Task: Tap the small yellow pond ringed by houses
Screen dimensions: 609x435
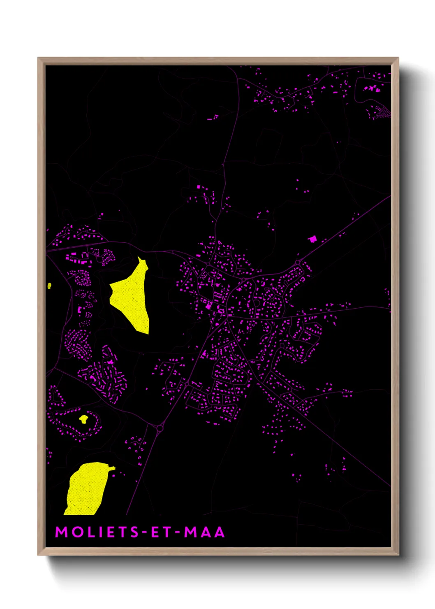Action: pyautogui.click(x=84, y=419)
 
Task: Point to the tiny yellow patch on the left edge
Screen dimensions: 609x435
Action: pyautogui.click(x=49, y=286)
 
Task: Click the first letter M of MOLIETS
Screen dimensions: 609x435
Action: pyautogui.click(x=62, y=532)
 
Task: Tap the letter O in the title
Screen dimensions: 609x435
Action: pyautogui.click(x=78, y=532)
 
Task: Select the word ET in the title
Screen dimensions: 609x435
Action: pyautogui.click(x=160, y=532)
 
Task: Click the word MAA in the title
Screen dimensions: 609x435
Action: pyautogui.click(x=204, y=532)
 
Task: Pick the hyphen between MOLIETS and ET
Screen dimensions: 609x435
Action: pyautogui.click(x=144, y=532)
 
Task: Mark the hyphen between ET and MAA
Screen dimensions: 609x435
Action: pyautogui.click(x=177, y=532)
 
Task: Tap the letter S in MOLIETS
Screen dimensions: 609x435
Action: pyautogui.click(x=134, y=532)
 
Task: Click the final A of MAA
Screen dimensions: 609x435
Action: pyautogui.click(x=220, y=532)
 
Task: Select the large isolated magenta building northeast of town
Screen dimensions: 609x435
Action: pyautogui.click(x=313, y=239)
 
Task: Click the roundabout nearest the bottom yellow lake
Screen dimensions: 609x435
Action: pyautogui.click(x=160, y=429)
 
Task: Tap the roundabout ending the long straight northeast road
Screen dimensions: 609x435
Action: pyautogui.click(x=298, y=262)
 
